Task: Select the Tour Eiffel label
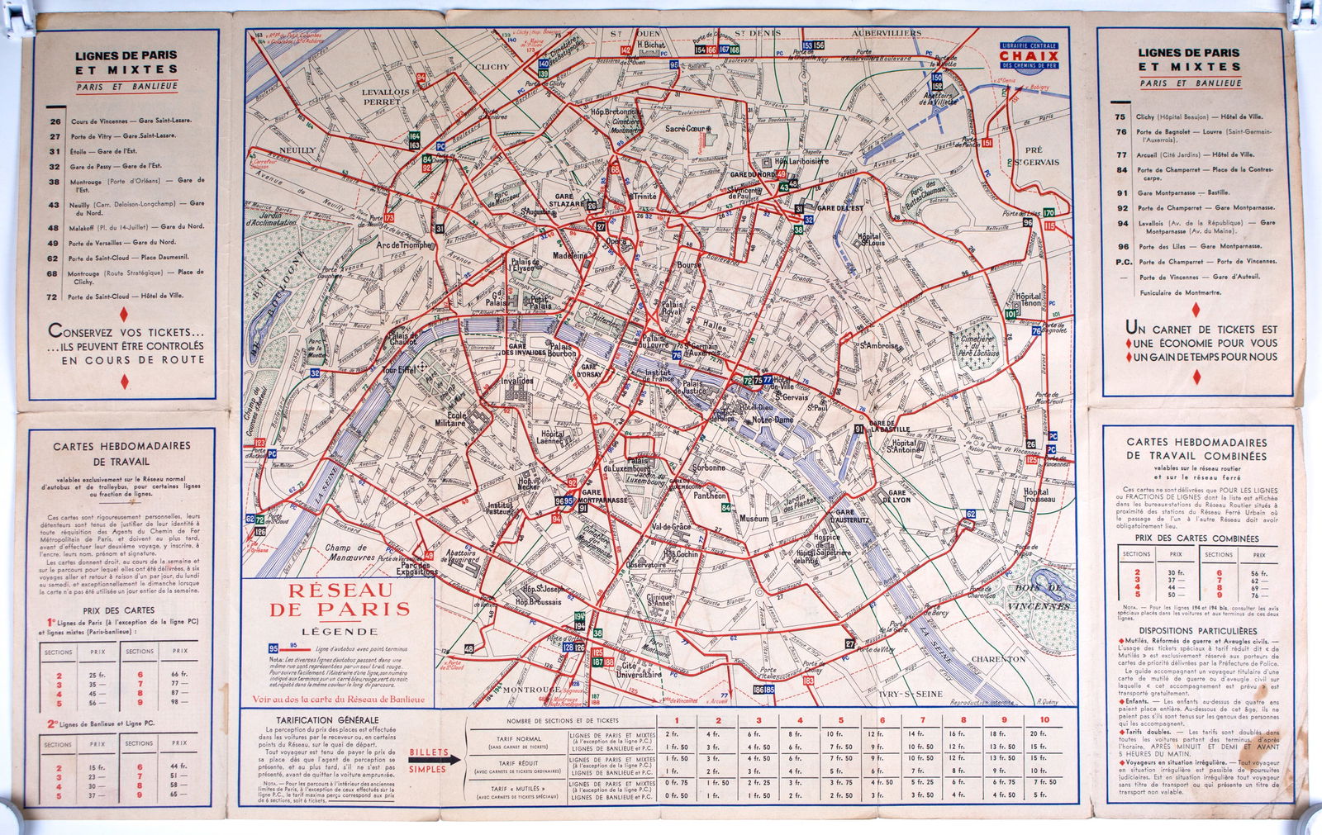[399, 371]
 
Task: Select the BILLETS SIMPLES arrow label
[427, 761]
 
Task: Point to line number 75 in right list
[1120, 117]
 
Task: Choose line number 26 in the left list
[55, 121]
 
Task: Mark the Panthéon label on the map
[710, 496]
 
